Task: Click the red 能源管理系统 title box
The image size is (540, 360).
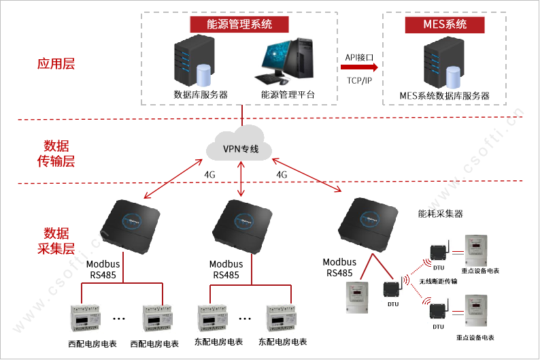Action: coord(239,24)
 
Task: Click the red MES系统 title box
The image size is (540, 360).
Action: coord(445,24)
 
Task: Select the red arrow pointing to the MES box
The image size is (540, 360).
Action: coord(358,67)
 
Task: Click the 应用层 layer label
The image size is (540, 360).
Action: coord(55,65)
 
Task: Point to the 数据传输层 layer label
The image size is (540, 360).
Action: coord(56,154)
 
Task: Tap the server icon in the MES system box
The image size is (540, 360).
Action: coord(444,65)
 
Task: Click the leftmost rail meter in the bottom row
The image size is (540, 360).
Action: coord(85,318)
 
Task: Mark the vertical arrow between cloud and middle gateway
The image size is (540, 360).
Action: coord(242,180)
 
